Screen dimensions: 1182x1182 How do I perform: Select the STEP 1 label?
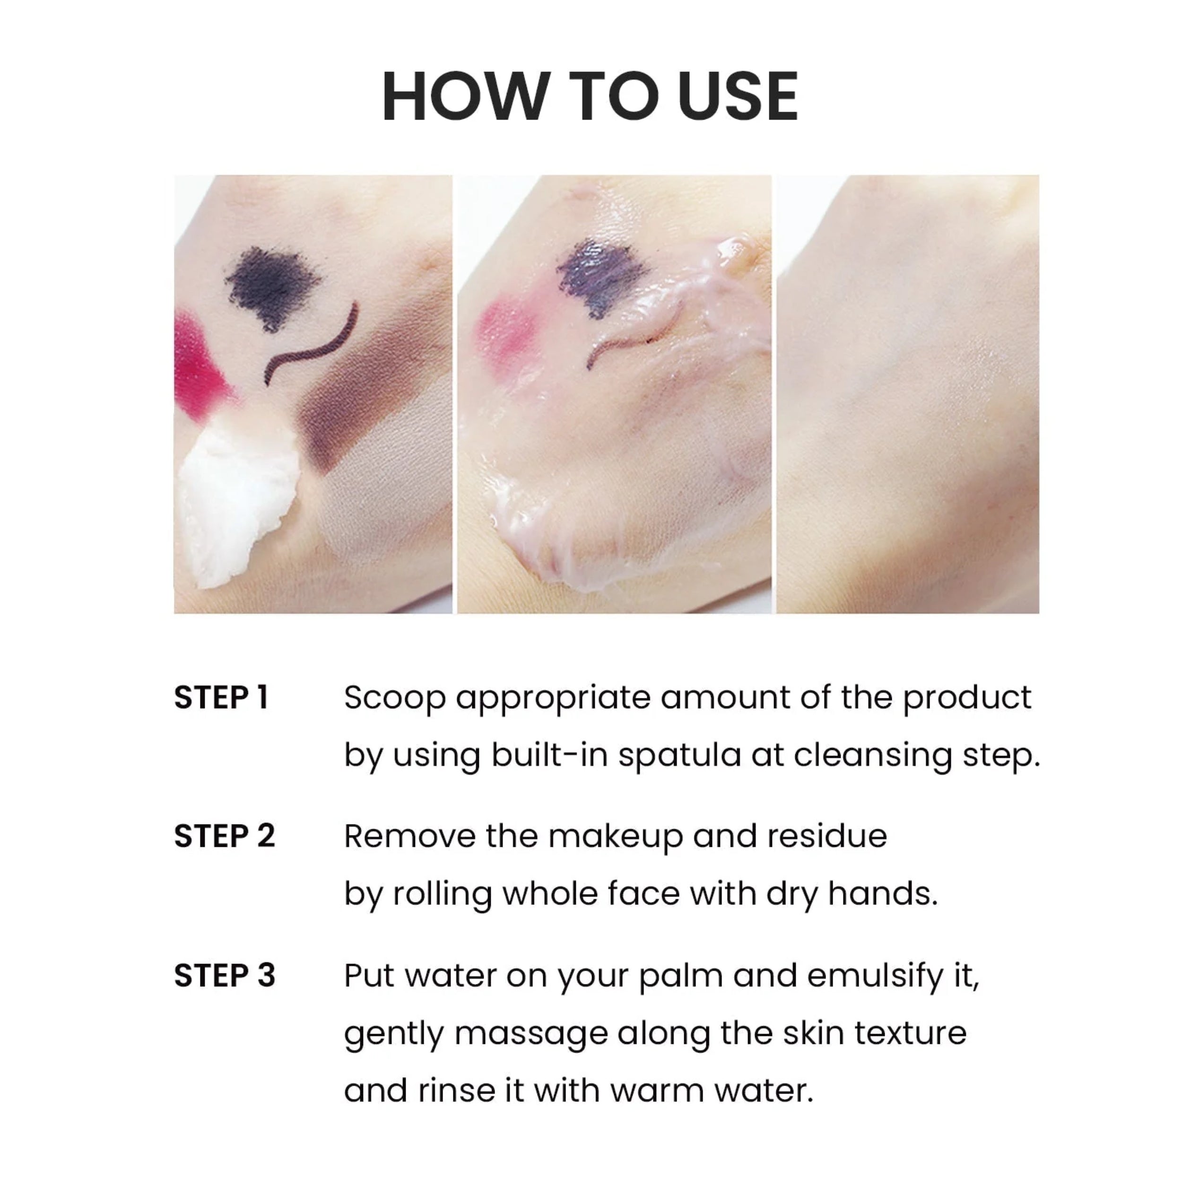221,697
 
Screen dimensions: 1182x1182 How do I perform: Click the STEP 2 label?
225,836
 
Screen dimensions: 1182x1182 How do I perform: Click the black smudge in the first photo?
272,285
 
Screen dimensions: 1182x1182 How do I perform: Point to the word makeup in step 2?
615,837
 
